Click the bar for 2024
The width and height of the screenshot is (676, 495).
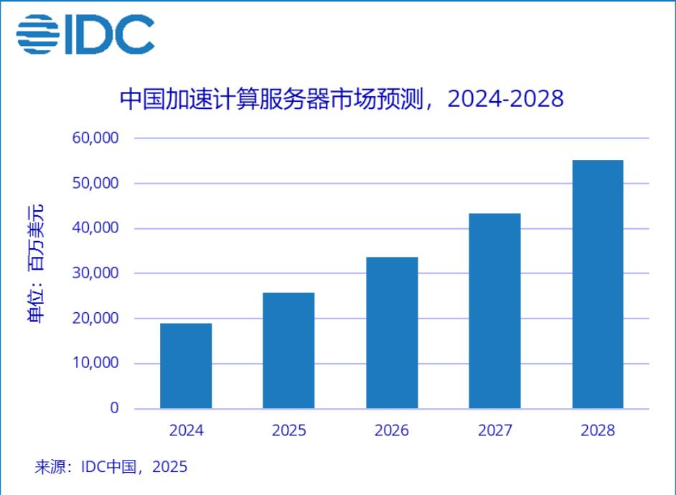tap(186, 366)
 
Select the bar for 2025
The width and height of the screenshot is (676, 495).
tap(288, 351)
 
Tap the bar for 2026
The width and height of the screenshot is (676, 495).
tap(392, 333)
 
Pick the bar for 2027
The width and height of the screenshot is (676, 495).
tap(494, 311)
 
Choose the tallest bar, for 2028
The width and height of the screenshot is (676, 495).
tap(598, 285)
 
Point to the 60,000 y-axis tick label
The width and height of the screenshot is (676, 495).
tap(95, 138)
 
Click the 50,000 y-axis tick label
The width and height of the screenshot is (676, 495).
tap(95, 183)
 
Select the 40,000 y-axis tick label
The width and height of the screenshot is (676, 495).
tap(95, 228)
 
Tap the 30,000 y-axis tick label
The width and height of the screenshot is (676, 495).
tap(95, 273)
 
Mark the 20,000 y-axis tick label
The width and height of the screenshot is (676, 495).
tap(95, 319)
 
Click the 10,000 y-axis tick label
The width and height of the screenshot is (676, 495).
tap(95, 364)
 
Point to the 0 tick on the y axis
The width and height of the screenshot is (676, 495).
tap(113, 408)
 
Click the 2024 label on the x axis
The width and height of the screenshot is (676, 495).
tap(186, 430)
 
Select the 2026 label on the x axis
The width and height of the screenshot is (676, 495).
tap(392, 430)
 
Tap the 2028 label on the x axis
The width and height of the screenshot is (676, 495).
tap(598, 430)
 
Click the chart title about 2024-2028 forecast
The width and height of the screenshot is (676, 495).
tap(342, 98)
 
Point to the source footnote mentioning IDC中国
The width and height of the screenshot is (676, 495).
tap(111, 467)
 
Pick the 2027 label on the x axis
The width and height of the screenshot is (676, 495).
tap(494, 430)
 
